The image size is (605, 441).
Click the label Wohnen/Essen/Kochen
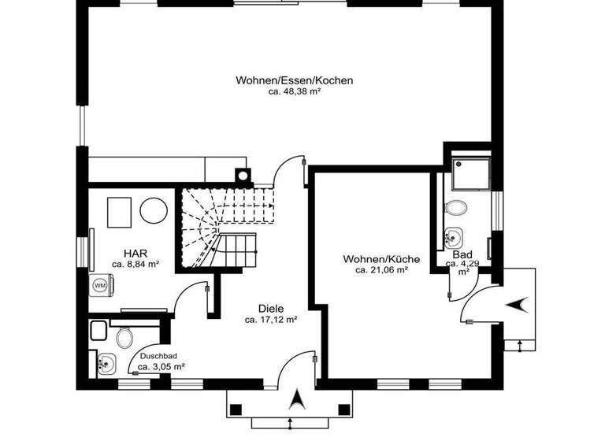click(294, 80)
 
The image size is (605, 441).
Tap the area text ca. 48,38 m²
click(294, 91)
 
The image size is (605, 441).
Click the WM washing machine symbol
click(101, 284)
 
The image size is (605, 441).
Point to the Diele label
click(271, 309)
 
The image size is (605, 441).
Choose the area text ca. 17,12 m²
click(270, 320)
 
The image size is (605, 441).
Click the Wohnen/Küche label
click(380, 259)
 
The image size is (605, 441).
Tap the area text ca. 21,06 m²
click(380, 270)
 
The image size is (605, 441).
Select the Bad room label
click(462, 254)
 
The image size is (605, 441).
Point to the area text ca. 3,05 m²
click(161, 366)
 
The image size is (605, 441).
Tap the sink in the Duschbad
click(106, 363)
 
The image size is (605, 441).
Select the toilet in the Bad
click(455, 209)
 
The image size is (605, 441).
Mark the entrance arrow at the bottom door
click(297, 400)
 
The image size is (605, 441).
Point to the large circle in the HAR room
click(152, 211)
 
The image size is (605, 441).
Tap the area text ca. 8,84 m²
click(135, 265)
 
